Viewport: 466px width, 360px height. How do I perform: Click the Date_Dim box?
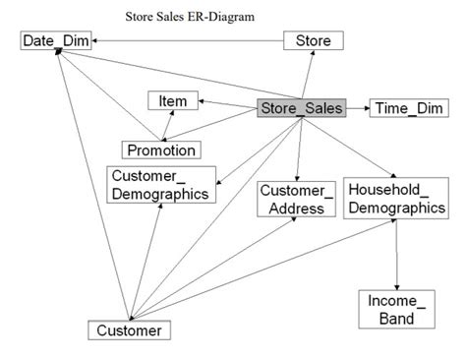point(54,41)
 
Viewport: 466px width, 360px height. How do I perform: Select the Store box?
point(314,41)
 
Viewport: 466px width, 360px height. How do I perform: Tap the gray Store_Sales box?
point(300,108)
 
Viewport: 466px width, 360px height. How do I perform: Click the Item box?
point(173,99)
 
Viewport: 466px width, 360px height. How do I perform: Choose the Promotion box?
point(160,150)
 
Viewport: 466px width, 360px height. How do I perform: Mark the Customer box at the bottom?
point(128,330)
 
